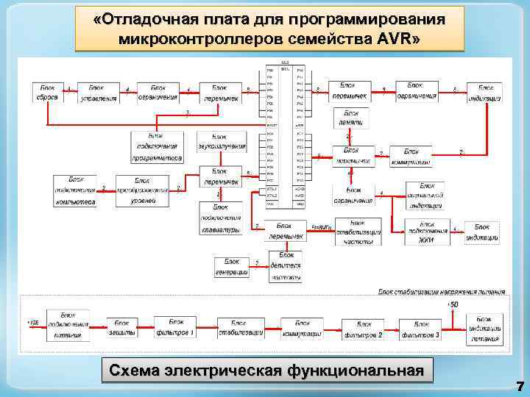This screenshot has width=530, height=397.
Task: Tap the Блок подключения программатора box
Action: [157, 147]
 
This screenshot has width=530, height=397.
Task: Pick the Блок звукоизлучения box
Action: [222, 142]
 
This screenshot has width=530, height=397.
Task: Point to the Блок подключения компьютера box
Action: [75, 191]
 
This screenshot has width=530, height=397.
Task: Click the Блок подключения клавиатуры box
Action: [220, 218]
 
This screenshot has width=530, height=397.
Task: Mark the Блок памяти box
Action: [351, 118]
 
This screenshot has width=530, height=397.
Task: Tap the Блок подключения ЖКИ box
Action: [426, 231]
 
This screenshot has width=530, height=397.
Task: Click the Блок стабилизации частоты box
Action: [358, 232]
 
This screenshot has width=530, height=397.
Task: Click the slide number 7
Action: [520, 386]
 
